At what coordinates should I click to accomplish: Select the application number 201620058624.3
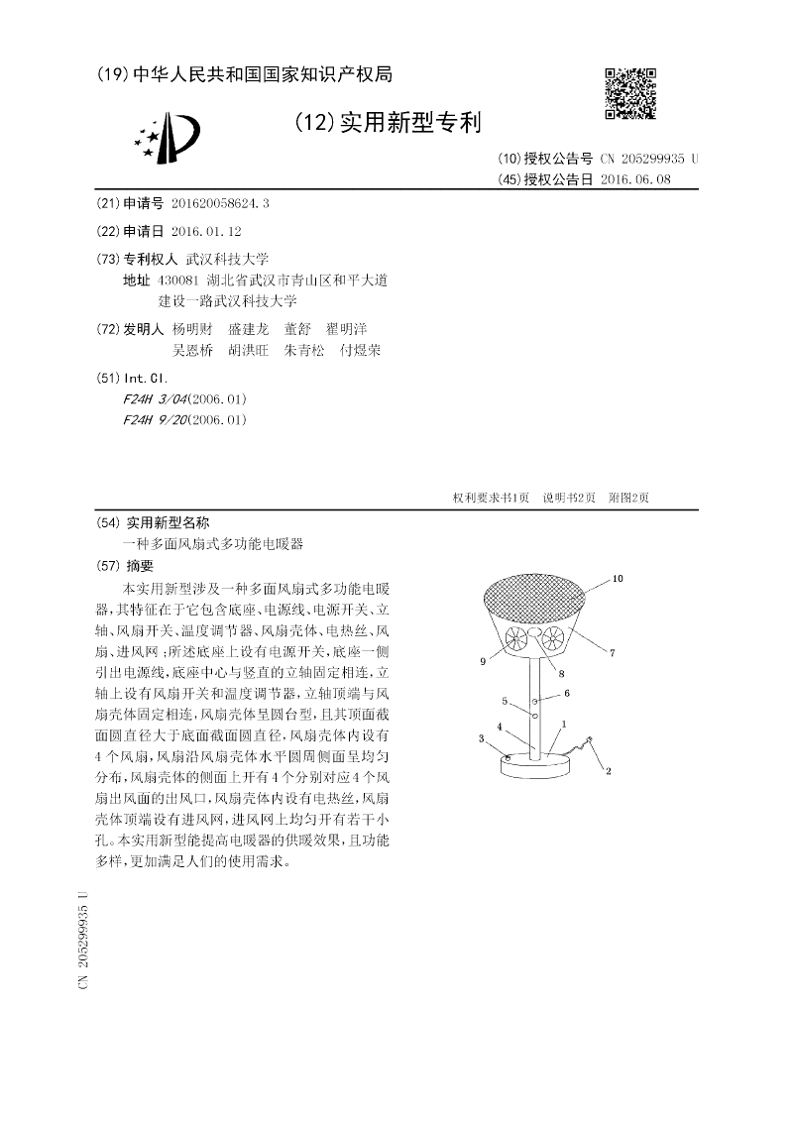(219, 203)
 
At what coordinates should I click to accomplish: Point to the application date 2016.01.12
(206, 230)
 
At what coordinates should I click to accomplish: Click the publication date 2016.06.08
(635, 179)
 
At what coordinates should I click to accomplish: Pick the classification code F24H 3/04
(155, 399)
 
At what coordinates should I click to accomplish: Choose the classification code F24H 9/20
(155, 420)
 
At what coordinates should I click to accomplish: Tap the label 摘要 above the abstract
(140, 567)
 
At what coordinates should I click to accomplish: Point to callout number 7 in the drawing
(612, 652)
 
